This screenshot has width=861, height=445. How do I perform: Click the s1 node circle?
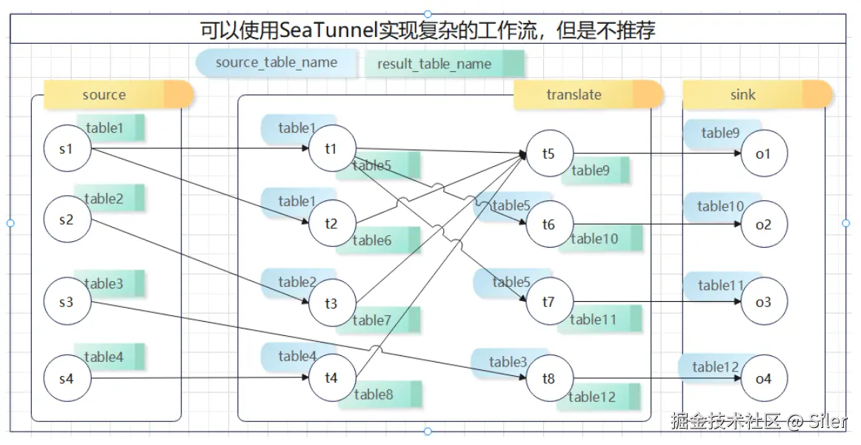[x=67, y=150]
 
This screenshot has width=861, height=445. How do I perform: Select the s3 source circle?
[x=67, y=302]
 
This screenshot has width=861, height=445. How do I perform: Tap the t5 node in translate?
[x=548, y=154]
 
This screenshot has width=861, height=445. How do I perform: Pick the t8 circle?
[x=548, y=378]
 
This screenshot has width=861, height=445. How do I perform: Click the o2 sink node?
[x=763, y=224]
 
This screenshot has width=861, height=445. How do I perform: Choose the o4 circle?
[x=763, y=378]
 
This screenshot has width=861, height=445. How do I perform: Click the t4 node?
[x=331, y=378]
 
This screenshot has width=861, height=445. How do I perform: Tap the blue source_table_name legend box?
[x=276, y=62]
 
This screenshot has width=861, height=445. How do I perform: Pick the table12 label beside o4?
[x=716, y=367]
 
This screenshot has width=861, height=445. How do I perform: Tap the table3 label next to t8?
[x=508, y=362]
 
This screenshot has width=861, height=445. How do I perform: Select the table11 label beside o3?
[x=720, y=285]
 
